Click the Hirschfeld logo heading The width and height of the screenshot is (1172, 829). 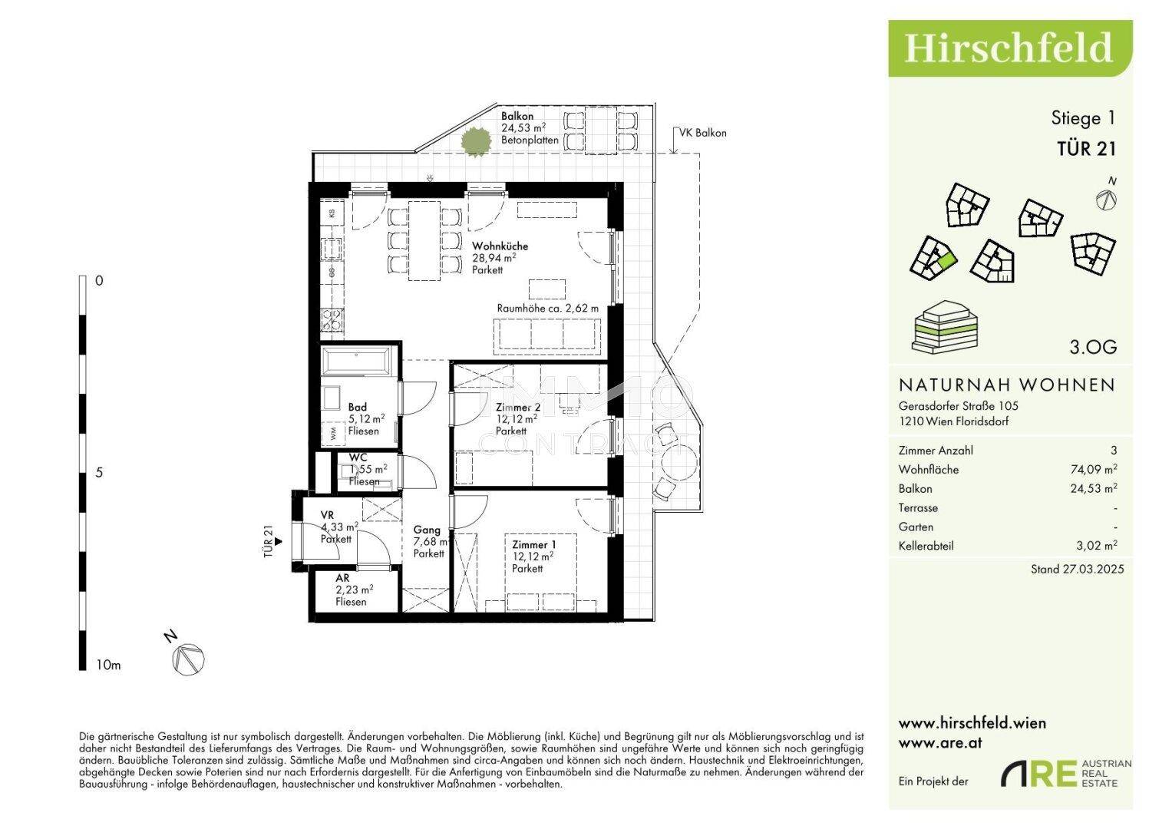click(x=1009, y=48)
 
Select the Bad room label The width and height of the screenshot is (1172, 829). click(x=358, y=408)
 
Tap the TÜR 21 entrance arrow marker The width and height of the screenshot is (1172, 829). click(x=279, y=541)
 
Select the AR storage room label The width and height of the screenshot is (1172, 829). click(x=342, y=579)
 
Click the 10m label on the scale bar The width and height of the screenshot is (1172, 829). click(x=109, y=665)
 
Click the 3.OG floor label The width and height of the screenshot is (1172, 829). click(x=1093, y=347)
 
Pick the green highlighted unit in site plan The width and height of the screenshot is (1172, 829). click(x=946, y=260)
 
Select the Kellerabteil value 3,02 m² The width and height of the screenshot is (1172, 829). click(x=1097, y=547)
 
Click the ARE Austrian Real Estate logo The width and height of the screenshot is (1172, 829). click(x=1065, y=774)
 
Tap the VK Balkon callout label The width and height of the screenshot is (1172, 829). click(x=702, y=133)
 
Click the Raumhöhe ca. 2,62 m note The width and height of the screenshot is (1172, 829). click(x=547, y=309)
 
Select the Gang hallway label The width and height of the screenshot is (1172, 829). click(x=427, y=530)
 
